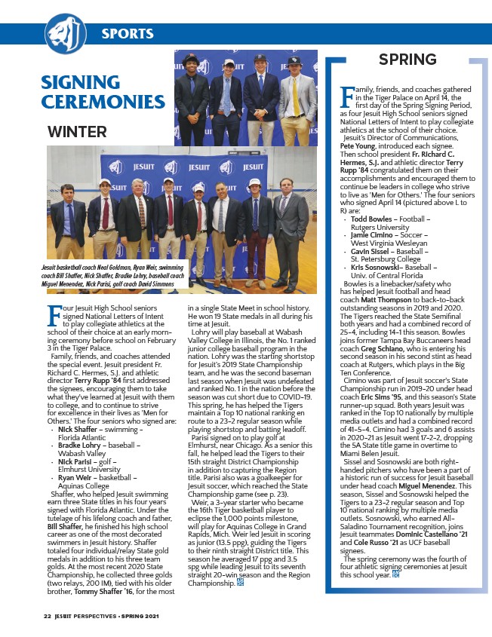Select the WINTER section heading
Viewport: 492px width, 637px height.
tap(77, 132)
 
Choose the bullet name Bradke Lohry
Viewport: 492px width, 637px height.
tap(81, 446)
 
